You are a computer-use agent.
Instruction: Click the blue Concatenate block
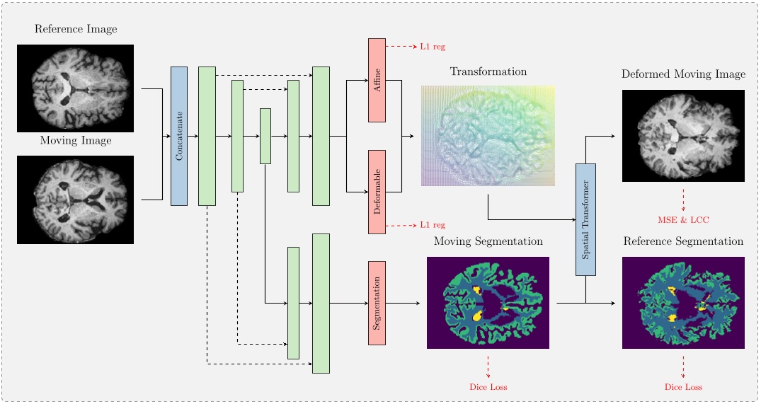point(179,136)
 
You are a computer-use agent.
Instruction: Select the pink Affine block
point(377,80)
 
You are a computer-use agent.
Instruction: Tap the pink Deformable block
point(377,192)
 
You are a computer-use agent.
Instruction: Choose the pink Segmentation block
point(377,303)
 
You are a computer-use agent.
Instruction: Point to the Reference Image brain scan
point(75,88)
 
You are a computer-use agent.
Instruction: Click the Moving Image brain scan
point(75,200)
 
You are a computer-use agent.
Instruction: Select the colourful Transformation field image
point(488,136)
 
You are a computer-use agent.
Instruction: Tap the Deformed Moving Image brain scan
point(683,136)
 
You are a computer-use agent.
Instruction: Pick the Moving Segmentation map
point(488,303)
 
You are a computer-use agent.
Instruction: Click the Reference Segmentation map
point(683,303)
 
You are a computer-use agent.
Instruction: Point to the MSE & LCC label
point(683,220)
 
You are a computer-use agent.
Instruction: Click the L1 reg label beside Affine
point(433,47)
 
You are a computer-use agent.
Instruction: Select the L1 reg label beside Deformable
point(433,225)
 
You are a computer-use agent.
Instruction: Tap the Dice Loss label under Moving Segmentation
point(488,387)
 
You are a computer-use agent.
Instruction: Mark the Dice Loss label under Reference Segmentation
point(683,387)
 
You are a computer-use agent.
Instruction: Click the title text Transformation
point(488,71)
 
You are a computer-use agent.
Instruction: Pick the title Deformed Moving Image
point(683,74)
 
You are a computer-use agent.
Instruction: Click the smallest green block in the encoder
point(265,136)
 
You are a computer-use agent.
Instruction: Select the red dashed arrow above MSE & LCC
point(683,199)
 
